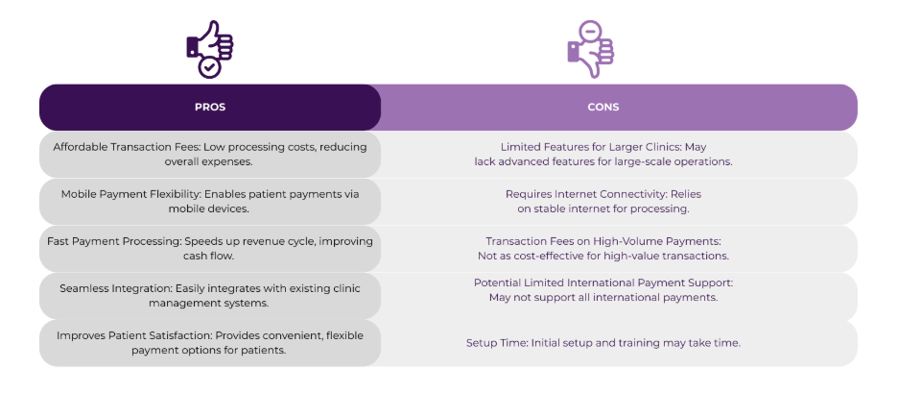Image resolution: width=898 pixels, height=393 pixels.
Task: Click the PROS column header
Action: tap(209, 107)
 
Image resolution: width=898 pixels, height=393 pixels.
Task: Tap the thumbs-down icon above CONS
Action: tap(590, 48)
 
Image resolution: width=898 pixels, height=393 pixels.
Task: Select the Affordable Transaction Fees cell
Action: tap(209, 154)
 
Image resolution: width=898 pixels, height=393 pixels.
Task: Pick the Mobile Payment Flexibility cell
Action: tap(209, 201)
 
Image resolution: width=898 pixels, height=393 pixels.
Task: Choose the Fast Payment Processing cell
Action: tap(209, 248)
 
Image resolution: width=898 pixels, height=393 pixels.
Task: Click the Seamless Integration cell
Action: tap(209, 295)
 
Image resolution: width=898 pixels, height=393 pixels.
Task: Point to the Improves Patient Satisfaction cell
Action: tap(209, 342)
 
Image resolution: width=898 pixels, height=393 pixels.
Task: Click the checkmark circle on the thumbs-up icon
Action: tap(209, 66)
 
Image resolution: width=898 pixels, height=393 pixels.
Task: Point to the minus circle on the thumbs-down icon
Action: tap(591, 31)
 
